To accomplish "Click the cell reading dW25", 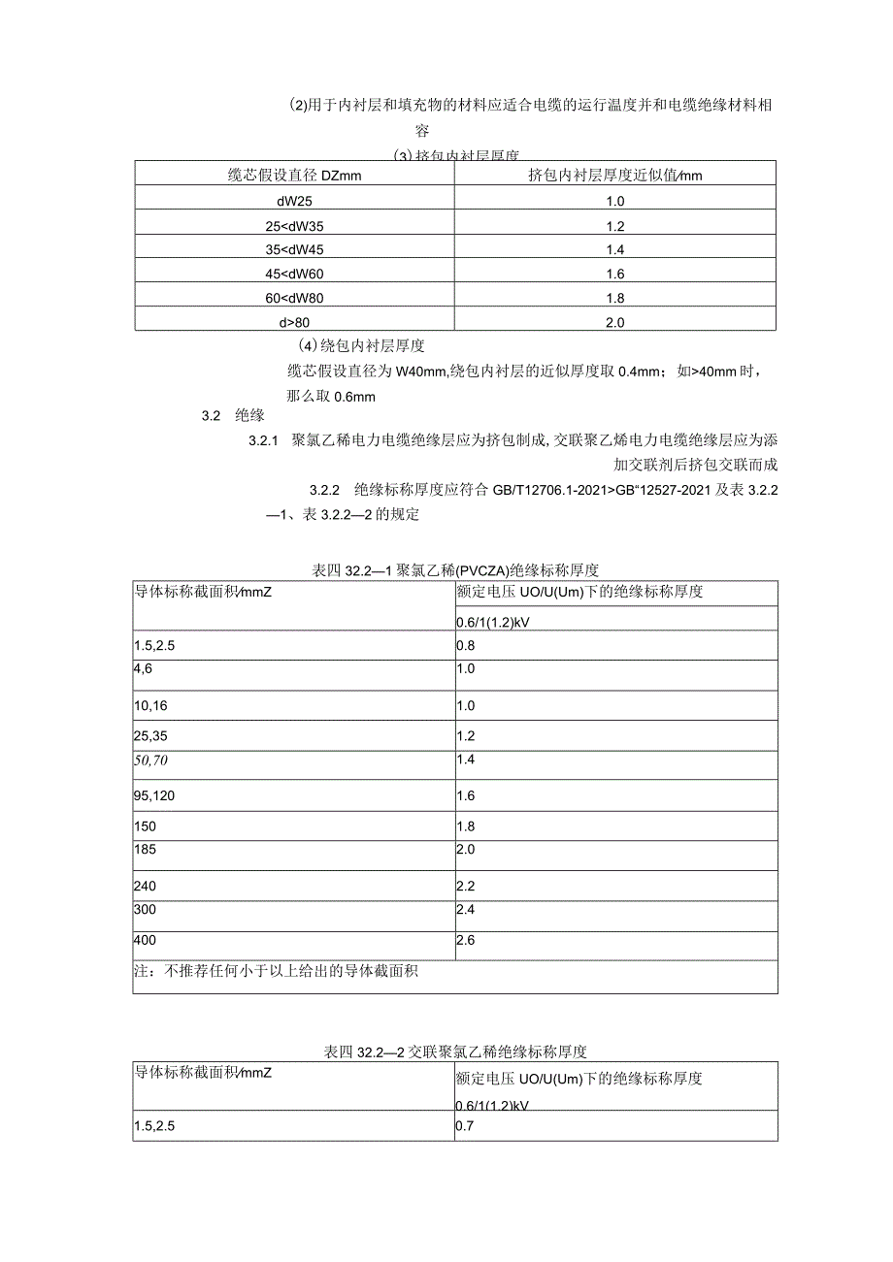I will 294,202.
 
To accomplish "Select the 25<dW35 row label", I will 294,226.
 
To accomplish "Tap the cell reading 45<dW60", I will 294,275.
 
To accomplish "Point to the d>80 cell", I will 294,322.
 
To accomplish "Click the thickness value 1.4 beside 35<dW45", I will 614,250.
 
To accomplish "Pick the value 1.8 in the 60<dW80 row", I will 614,299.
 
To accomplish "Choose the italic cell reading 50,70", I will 151,759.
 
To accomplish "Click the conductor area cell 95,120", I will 154,795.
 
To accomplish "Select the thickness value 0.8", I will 465,644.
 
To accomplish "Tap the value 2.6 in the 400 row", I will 465,940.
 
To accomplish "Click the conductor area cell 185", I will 145,849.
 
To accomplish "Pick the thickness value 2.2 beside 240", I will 465,886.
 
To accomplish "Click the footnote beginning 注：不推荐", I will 276,970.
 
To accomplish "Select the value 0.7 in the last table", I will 465,1127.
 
